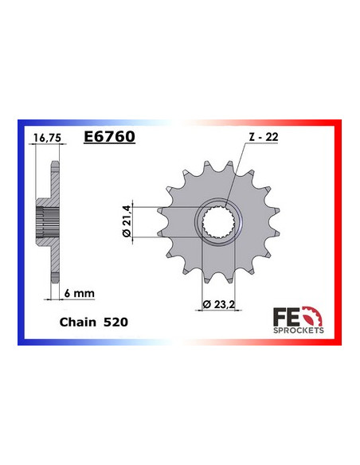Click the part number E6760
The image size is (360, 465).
(x=109, y=136)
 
